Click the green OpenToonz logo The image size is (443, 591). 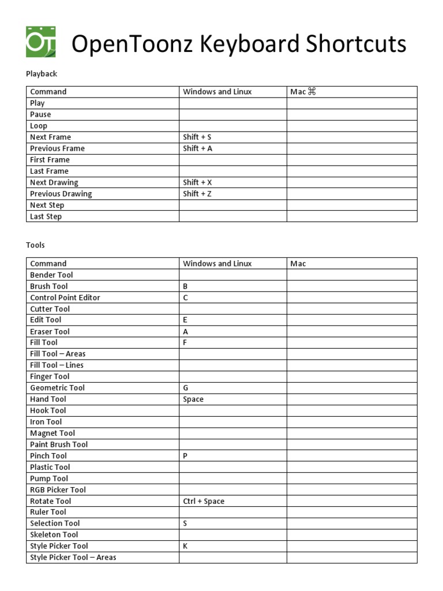click(x=41, y=42)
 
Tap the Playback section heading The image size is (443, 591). click(x=42, y=74)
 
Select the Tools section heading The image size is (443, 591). click(x=35, y=245)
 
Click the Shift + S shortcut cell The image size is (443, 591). click(x=197, y=137)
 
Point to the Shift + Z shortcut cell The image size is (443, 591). click(x=197, y=194)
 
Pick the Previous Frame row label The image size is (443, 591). click(x=57, y=148)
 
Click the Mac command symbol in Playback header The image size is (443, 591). click(x=312, y=92)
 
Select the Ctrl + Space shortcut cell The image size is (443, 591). click(x=204, y=501)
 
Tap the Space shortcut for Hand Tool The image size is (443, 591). click(x=193, y=399)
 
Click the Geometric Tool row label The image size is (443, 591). click(x=57, y=388)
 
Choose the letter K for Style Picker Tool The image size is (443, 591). click(x=186, y=546)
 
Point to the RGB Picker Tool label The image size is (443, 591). click(x=58, y=490)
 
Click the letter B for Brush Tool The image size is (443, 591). click(x=186, y=286)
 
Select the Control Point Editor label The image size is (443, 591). click(x=65, y=298)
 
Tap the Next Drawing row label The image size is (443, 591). click(x=54, y=182)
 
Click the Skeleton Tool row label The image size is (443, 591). click(x=54, y=534)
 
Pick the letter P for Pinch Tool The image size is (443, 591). click(x=186, y=456)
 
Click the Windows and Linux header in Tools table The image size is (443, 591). click(x=217, y=264)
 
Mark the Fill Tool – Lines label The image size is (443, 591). click(x=57, y=365)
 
